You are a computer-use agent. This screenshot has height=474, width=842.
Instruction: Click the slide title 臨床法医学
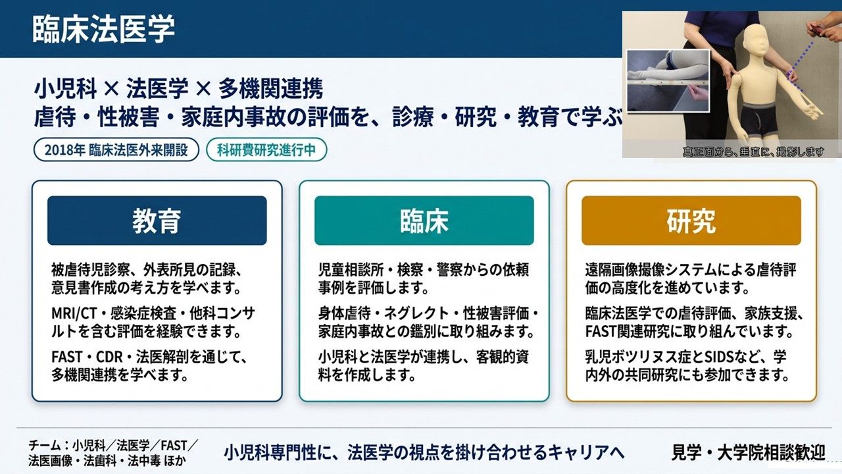click(104, 28)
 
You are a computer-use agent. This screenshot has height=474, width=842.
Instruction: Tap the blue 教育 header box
click(157, 221)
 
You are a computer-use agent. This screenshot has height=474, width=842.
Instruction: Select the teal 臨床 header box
click(424, 221)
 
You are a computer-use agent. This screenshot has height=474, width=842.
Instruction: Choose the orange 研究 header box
click(691, 221)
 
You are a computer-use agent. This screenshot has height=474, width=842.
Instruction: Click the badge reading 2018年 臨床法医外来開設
click(116, 149)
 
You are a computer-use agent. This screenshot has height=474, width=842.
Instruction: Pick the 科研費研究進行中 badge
click(266, 149)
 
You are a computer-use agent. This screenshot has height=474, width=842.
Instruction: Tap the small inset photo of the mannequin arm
click(668, 81)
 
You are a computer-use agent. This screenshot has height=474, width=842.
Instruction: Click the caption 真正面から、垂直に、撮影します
click(753, 151)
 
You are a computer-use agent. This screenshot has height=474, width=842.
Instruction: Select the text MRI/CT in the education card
click(74, 313)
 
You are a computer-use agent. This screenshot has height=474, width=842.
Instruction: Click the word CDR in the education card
click(110, 357)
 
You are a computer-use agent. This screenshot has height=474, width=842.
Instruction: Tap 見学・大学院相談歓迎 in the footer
click(748, 452)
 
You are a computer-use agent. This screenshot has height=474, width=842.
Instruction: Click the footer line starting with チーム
click(113, 446)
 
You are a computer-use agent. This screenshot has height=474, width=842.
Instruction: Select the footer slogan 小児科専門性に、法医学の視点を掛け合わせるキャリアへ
click(424, 452)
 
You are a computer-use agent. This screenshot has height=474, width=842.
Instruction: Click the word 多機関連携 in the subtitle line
click(270, 89)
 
